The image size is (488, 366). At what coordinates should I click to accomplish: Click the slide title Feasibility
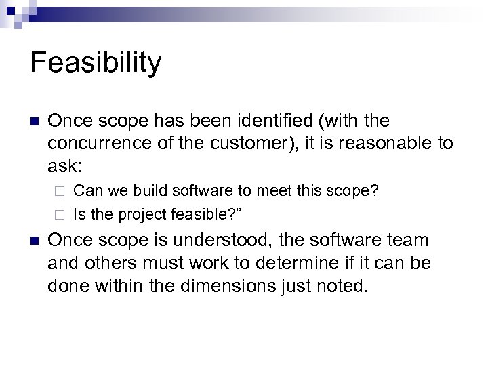tap(96, 64)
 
